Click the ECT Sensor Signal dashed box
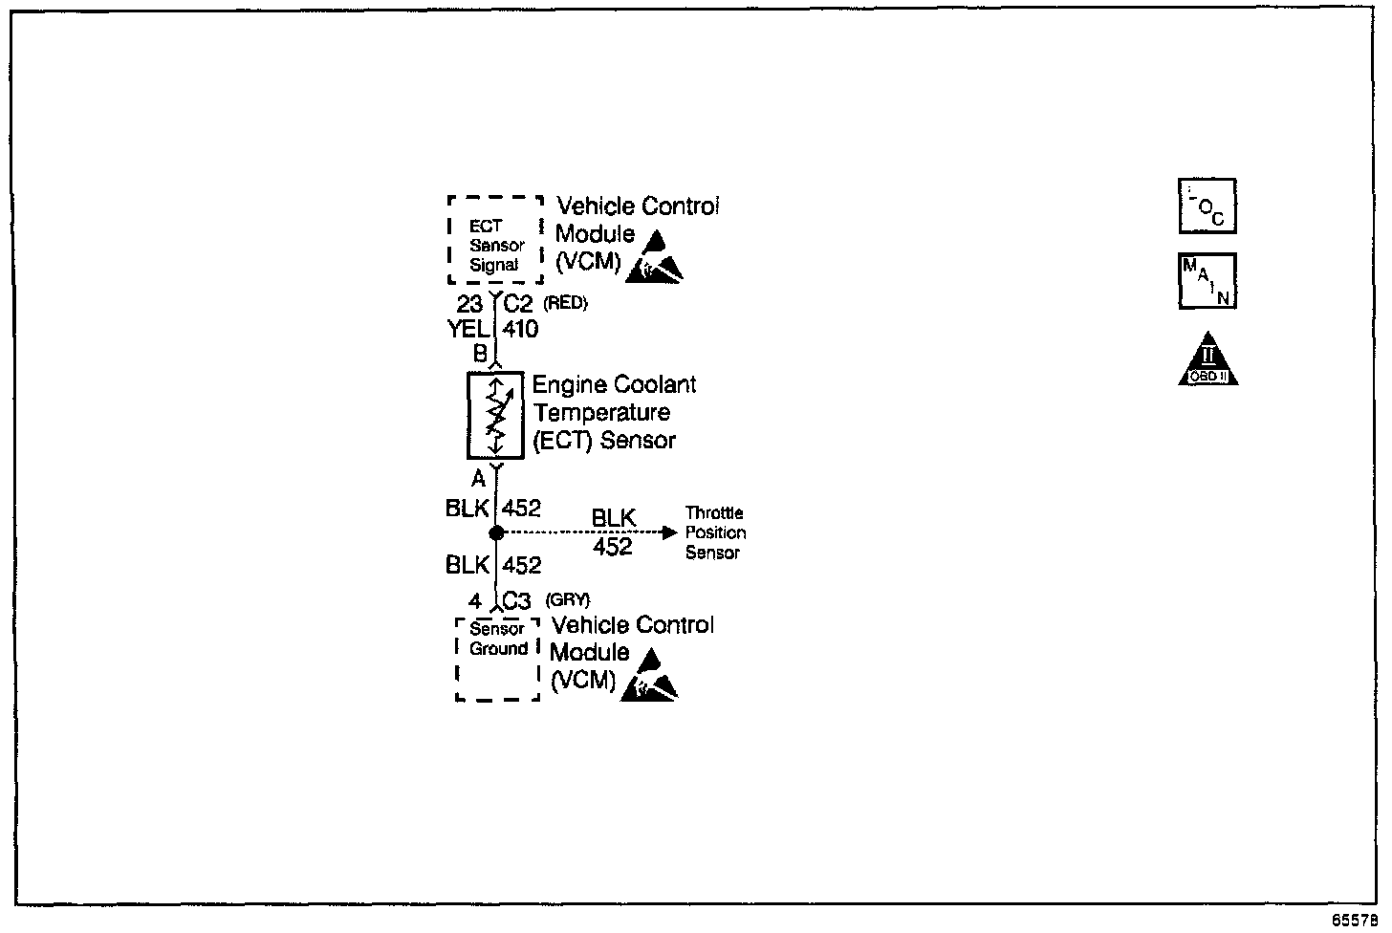(495, 240)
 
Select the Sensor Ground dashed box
(498, 659)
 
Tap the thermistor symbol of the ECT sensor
(495, 416)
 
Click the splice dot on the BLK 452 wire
(496, 533)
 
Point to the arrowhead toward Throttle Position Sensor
(670, 532)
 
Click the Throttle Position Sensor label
(715, 533)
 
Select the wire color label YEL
(468, 330)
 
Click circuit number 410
(520, 330)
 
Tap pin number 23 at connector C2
(469, 305)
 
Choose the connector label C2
(518, 305)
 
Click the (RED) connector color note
(565, 304)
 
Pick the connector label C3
(516, 601)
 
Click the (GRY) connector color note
(567, 600)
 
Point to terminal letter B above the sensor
(481, 354)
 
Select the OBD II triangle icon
(1207, 360)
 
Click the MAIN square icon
(1207, 281)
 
